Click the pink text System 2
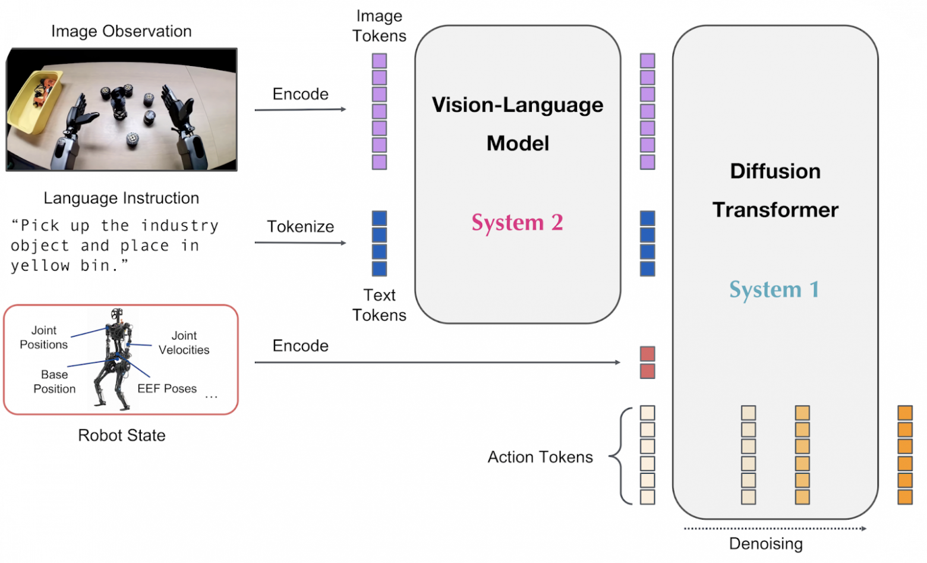[517, 222]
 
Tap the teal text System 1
[774, 290]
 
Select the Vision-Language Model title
[518, 124]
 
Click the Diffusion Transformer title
[775, 190]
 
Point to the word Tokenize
[300, 227]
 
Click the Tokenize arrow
[300, 243]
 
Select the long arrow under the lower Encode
[437, 362]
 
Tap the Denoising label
[765, 544]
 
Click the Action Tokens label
[540, 457]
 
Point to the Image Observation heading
[121, 31]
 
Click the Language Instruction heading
[121, 198]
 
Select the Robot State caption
[121, 435]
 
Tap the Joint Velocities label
[184, 343]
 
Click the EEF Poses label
[167, 389]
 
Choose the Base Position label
[54, 382]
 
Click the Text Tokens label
[379, 305]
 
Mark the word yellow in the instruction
[40, 266]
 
